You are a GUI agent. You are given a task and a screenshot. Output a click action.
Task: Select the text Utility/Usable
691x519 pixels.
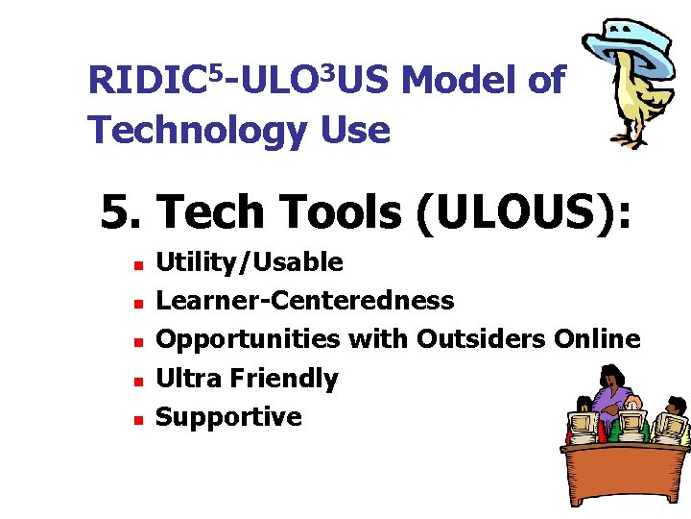point(249,262)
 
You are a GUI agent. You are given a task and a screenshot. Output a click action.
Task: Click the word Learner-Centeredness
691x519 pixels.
point(304,301)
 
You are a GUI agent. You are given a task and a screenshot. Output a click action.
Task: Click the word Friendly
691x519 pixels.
point(282,379)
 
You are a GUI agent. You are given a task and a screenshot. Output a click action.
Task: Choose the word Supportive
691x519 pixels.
point(228,417)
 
